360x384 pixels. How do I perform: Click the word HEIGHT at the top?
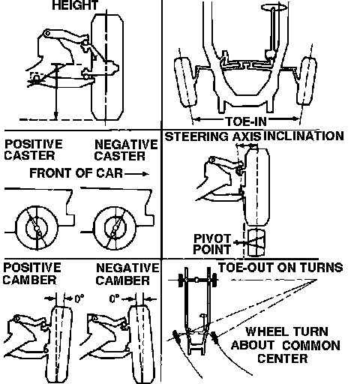(75, 5)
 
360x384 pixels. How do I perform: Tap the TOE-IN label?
(247, 121)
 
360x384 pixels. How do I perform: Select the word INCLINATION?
(304, 136)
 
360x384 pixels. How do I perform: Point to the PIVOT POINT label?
(212, 244)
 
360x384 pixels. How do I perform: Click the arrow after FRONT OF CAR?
(136, 174)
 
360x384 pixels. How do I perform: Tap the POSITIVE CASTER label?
(33, 149)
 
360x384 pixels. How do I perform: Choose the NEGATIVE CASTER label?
(126, 150)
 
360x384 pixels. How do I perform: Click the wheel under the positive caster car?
(37, 228)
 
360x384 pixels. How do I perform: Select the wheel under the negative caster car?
(115, 228)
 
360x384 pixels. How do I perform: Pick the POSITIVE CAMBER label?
(31, 274)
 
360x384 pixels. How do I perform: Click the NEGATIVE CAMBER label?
(127, 274)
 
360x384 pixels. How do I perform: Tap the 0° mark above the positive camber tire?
(79, 298)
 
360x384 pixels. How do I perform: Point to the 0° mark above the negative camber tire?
(115, 298)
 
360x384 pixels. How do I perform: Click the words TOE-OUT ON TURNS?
(280, 268)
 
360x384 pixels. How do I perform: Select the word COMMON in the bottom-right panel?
(311, 346)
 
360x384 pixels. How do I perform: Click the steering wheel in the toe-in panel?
(274, 7)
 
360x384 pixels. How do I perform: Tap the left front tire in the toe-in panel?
(185, 82)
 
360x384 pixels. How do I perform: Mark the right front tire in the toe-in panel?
(307, 81)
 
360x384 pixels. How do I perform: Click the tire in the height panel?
(107, 67)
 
